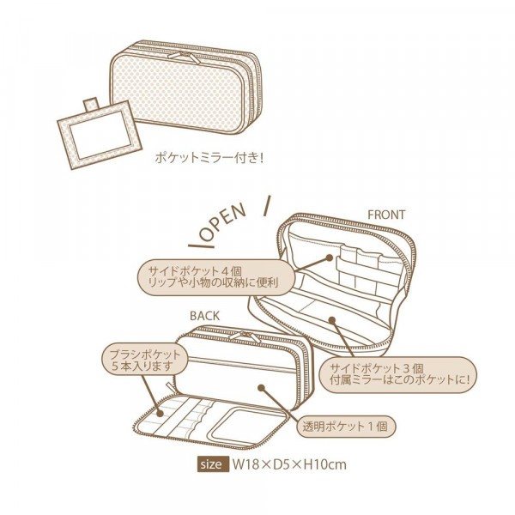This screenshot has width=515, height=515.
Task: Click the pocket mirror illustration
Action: pyautogui.click(x=100, y=135)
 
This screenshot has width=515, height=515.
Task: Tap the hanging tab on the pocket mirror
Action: pyautogui.click(x=91, y=105)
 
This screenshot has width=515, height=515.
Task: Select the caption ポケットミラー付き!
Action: pyautogui.click(x=209, y=158)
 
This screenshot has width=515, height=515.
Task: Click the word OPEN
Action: pyautogui.click(x=222, y=222)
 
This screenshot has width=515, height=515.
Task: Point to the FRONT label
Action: pyautogui.click(x=386, y=215)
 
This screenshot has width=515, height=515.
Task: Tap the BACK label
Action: pyautogui.click(x=204, y=316)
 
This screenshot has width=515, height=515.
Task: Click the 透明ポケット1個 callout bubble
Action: pyautogui.click(x=346, y=427)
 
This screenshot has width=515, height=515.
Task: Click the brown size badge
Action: pyautogui.click(x=212, y=464)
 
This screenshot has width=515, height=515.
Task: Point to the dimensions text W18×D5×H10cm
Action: pyautogui.click(x=289, y=464)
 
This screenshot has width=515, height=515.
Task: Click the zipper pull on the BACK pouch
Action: pyautogui.click(x=245, y=336)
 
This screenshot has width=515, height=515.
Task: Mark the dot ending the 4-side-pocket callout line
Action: pyautogui.click(x=329, y=257)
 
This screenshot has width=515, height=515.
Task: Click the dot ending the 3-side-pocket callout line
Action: pyautogui.click(x=332, y=319)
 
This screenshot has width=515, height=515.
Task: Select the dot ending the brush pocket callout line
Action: pyautogui.click(x=160, y=414)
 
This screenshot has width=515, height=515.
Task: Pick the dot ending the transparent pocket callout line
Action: pyautogui.click(x=261, y=388)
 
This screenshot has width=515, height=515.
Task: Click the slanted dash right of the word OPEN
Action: pyautogui.click(x=267, y=206)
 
